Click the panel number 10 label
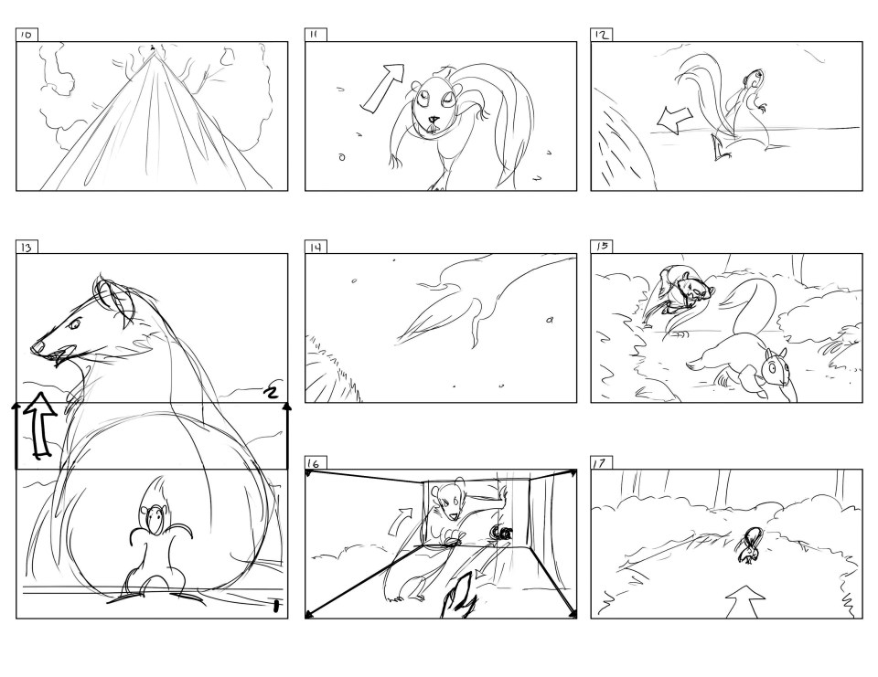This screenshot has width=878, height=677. tap(27, 35)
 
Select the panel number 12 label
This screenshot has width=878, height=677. tap(601, 35)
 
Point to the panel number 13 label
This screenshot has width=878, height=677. tap(27, 248)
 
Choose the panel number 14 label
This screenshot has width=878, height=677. tap(316, 248)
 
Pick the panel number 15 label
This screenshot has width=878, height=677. tap(602, 246)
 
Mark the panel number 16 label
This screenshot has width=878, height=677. tap(314, 463)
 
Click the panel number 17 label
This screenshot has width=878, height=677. tap(599, 462)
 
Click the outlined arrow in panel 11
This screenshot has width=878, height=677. tap(383, 88)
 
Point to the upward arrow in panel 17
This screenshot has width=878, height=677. tap(745, 602)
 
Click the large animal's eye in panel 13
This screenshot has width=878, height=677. tap(74, 323)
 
